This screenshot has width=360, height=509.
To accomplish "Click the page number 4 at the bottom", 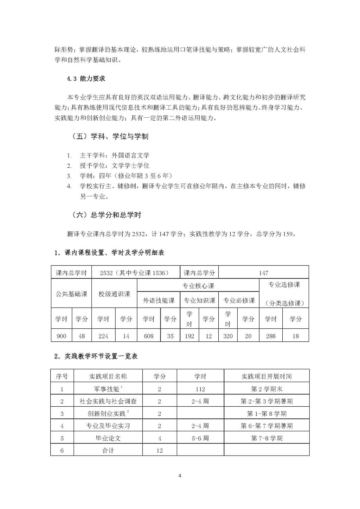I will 180,476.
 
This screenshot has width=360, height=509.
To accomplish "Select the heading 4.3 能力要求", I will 86,79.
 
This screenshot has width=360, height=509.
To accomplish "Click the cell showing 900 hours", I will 61,336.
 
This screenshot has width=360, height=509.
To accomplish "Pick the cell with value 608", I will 149,336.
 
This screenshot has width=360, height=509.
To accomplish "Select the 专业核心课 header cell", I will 198,286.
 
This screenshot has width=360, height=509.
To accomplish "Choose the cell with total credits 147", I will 263,273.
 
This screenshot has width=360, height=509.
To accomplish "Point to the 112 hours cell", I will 200,389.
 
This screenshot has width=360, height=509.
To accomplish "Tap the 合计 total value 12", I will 159,450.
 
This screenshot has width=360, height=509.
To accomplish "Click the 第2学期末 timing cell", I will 266,389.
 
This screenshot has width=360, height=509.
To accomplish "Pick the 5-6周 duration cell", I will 200,438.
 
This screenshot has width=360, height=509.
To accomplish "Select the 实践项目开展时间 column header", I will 266,376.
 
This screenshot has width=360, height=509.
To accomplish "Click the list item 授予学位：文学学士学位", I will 114,166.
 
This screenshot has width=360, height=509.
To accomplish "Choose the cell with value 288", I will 271,336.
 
